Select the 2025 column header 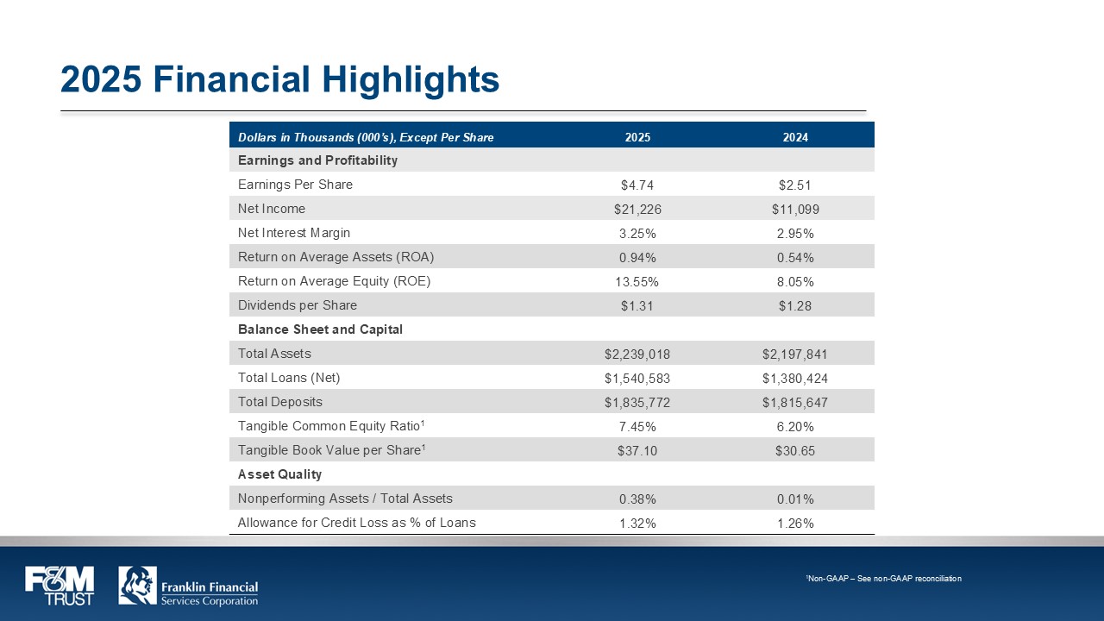click(x=637, y=137)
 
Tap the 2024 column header click(x=795, y=137)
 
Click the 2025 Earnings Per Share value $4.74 click(x=637, y=185)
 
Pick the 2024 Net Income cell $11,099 click(x=795, y=210)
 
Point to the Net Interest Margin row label click(x=294, y=233)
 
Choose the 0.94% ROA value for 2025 click(x=637, y=258)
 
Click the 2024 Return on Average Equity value click(x=795, y=282)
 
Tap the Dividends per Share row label click(x=298, y=305)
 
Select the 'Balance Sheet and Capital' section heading click(x=320, y=329)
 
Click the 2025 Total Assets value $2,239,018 click(x=637, y=354)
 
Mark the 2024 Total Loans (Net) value click(x=795, y=379)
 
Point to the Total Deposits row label click(x=280, y=402)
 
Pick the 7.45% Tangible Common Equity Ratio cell click(x=637, y=427)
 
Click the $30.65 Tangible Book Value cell click(x=795, y=451)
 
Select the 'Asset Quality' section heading click(x=279, y=474)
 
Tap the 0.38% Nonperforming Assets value click(x=637, y=499)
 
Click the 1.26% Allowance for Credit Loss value click(x=795, y=524)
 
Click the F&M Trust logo click(x=60, y=586)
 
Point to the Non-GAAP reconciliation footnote click(x=884, y=579)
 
